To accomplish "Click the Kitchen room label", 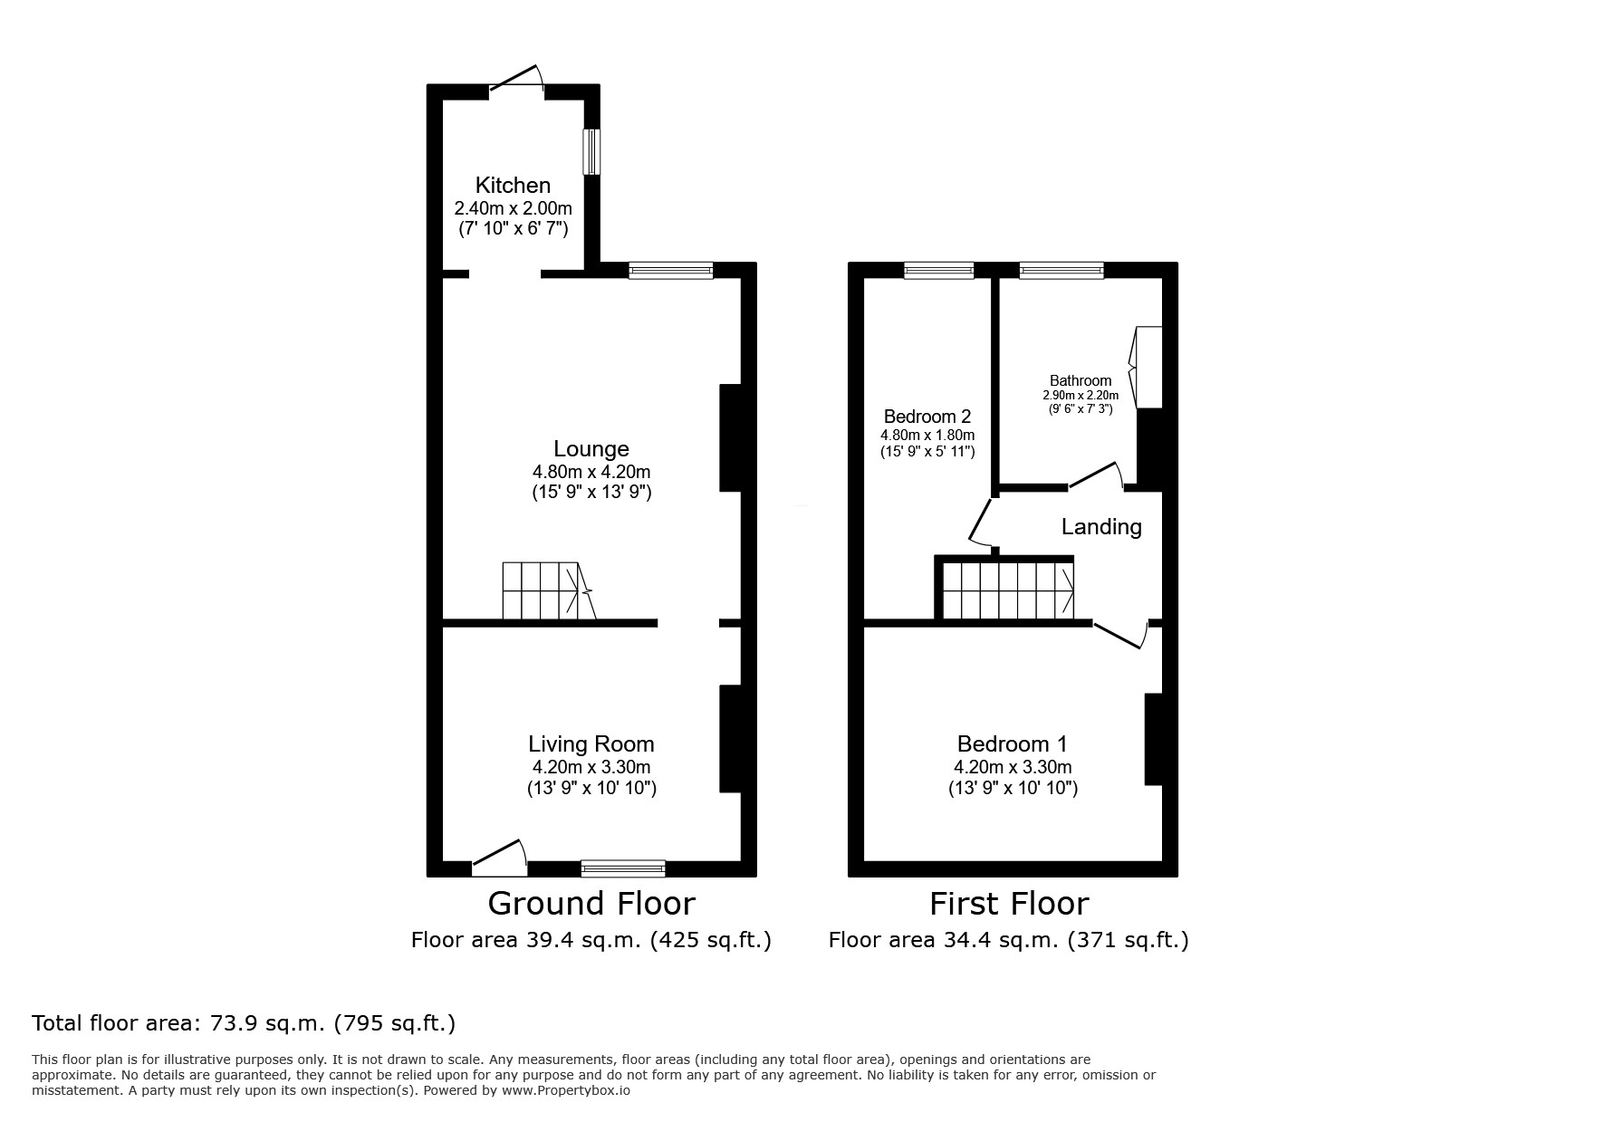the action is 513,186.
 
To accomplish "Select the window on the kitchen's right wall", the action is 591,151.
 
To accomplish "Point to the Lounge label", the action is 591,449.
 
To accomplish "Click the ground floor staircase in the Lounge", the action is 548,591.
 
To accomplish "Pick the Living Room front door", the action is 499,857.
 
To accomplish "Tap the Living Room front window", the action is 623,868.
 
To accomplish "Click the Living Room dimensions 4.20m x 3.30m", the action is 591,767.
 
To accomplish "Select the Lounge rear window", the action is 671,270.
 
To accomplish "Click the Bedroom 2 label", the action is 927,417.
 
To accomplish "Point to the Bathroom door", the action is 1097,476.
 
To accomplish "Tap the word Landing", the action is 1101,527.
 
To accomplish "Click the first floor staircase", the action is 1005,589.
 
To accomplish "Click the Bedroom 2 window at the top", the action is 939,270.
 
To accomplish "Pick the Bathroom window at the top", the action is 1061,270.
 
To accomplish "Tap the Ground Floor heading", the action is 591,904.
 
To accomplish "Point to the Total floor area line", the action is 244,1023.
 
